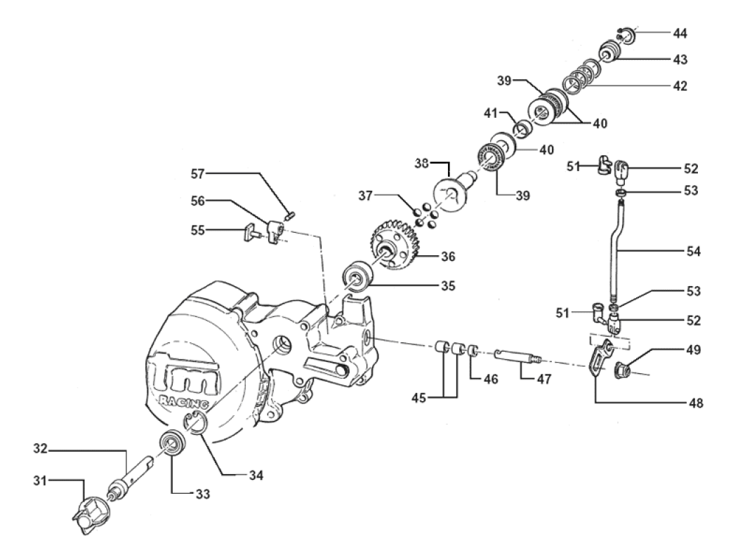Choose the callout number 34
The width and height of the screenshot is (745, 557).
click(256, 475)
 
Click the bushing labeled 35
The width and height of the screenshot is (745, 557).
click(357, 278)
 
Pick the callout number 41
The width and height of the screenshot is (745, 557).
click(489, 112)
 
